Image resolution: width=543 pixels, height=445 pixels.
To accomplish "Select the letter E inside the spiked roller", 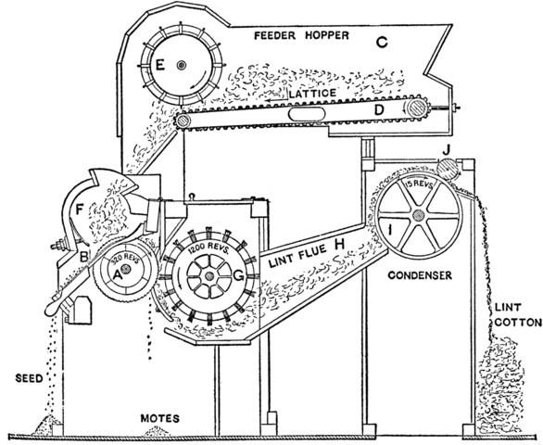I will pos(160,65).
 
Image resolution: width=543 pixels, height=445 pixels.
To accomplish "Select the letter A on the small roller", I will pos(117,274).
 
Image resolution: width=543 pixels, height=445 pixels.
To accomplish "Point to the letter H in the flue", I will pos(339,242).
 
